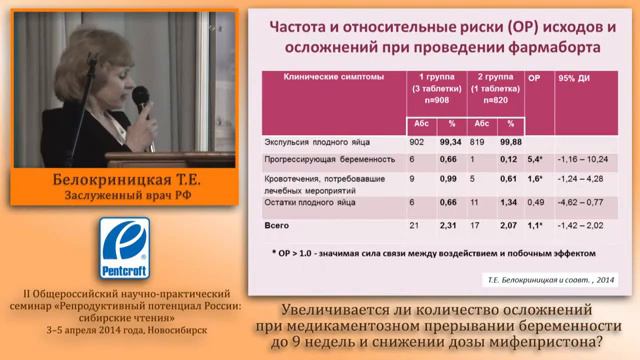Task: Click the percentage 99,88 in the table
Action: (511, 142)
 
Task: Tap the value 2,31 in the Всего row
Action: (449, 226)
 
